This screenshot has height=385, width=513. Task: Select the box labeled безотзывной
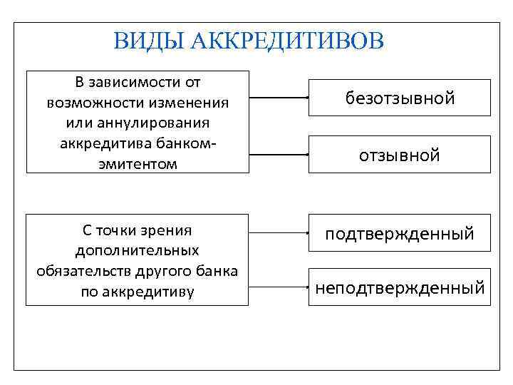pyautogui.click(x=400, y=98)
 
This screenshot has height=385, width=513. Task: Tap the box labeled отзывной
pyautogui.click(x=400, y=155)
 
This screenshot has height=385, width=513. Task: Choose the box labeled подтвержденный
pyautogui.click(x=400, y=233)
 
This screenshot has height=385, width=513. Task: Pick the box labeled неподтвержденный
pyautogui.click(x=400, y=287)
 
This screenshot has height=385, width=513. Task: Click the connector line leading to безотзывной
pyautogui.click(x=278, y=96)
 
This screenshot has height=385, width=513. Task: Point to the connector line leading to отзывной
pyautogui.click(x=278, y=153)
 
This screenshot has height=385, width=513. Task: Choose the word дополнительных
pyautogui.click(x=137, y=250)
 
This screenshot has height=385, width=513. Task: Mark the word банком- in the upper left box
pyautogui.click(x=184, y=143)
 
